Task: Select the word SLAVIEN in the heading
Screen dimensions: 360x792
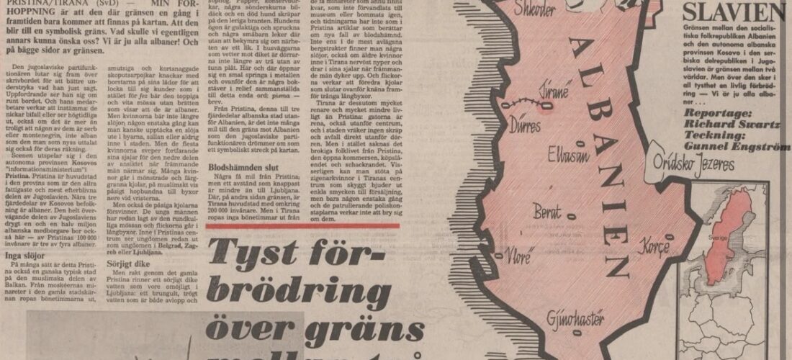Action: coord(735,12)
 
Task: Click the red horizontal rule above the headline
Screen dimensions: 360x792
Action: coord(302,226)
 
